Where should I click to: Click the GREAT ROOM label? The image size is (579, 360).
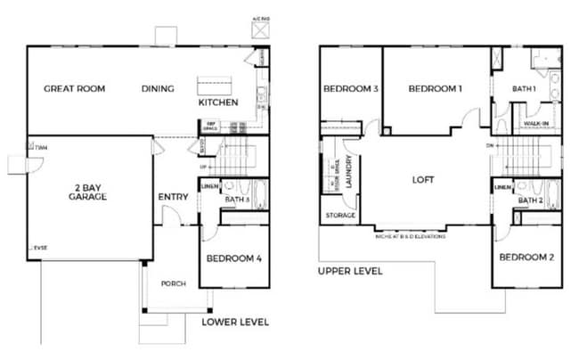coord(75,88)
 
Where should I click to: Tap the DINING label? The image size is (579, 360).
coord(158,88)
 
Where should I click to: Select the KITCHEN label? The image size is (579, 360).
coord(218,103)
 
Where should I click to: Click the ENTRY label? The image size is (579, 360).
coord(172,197)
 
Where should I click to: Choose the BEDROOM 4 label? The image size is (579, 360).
coord(233,259)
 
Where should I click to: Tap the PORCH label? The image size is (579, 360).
coord(173,284)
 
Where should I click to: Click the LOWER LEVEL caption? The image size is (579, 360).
coord(235,322)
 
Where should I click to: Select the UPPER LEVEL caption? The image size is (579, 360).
coord(350,270)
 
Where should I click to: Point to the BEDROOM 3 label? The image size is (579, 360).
coord(351,88)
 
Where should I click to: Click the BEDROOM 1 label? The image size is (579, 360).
coord(436,88)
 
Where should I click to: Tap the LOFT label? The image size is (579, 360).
coord(422,178)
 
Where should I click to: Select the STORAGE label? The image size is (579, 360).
coord(341,215)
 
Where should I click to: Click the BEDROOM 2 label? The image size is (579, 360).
coord(526,258)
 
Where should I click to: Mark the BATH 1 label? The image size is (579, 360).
coord(524,88)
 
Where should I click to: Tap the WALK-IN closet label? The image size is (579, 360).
coord(535,124)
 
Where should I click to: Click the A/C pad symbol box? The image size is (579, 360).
coord(261,29)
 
